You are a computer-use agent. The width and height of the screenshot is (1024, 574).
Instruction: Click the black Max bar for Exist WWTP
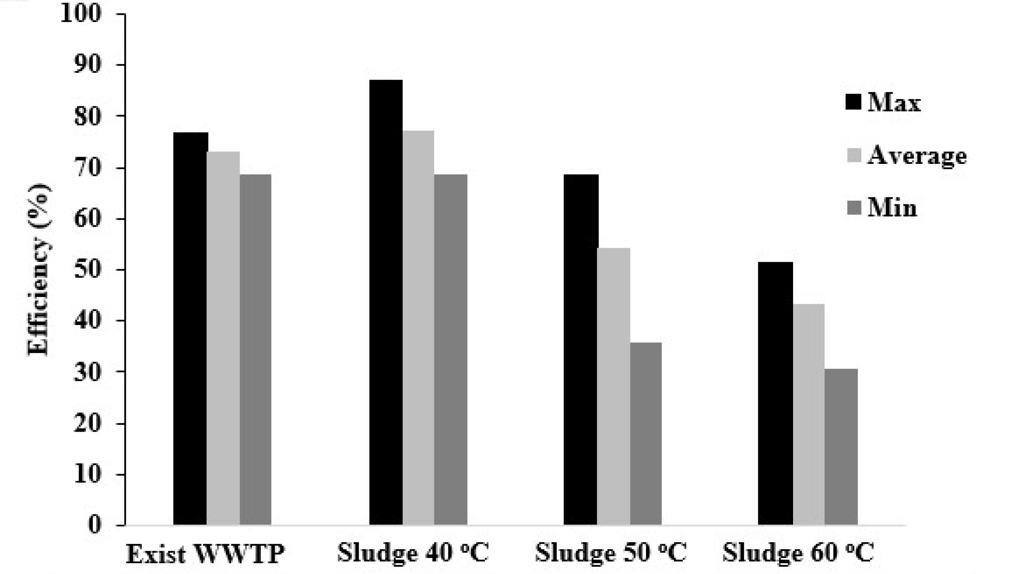pos(191,329)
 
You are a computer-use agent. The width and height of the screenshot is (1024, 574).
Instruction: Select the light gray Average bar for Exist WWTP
pos(223,338)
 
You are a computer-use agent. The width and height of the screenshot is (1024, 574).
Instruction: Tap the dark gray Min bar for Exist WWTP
pos(256,350)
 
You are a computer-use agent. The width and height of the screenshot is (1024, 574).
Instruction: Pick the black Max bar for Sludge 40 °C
pos(386,302)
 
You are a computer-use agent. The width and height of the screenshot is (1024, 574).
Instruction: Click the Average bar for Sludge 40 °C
pos(418,328)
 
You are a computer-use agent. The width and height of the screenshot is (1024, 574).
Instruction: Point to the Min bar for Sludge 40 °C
pos(451,350)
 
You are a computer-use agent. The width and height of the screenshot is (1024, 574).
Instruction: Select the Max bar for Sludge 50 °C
pos(581,350)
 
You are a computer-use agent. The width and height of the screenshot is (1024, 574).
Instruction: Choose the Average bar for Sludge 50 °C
pos(614,387)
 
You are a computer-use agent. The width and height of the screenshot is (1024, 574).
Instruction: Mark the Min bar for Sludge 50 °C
pos(646,434)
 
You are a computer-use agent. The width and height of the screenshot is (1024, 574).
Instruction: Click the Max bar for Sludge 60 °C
pos(775,393)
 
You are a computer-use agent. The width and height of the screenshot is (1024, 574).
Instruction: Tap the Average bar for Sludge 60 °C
pos(809,415)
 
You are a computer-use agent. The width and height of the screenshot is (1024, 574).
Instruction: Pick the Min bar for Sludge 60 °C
pos(841,447)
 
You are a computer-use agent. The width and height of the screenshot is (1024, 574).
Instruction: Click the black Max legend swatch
pos(853,102)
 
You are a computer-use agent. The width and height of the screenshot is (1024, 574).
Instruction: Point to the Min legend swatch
pos(854,208)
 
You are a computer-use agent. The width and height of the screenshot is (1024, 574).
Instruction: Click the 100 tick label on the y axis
pos(82,14)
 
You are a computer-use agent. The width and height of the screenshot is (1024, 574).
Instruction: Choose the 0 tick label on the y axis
pos(95,525)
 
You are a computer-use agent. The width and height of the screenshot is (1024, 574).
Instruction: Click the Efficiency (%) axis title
pos(39,269)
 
